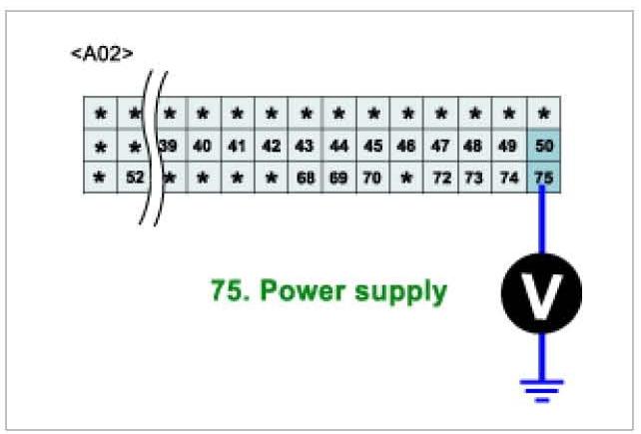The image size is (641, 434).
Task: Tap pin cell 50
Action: [543, 146]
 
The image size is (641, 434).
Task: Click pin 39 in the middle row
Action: [168, 146]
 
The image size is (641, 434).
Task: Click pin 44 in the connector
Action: [338, 146]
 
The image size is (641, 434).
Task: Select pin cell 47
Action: [440, 146]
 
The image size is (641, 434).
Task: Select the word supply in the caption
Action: [404, 293]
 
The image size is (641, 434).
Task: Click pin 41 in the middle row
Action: [236, 146]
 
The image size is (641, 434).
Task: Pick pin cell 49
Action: [507, 146]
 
